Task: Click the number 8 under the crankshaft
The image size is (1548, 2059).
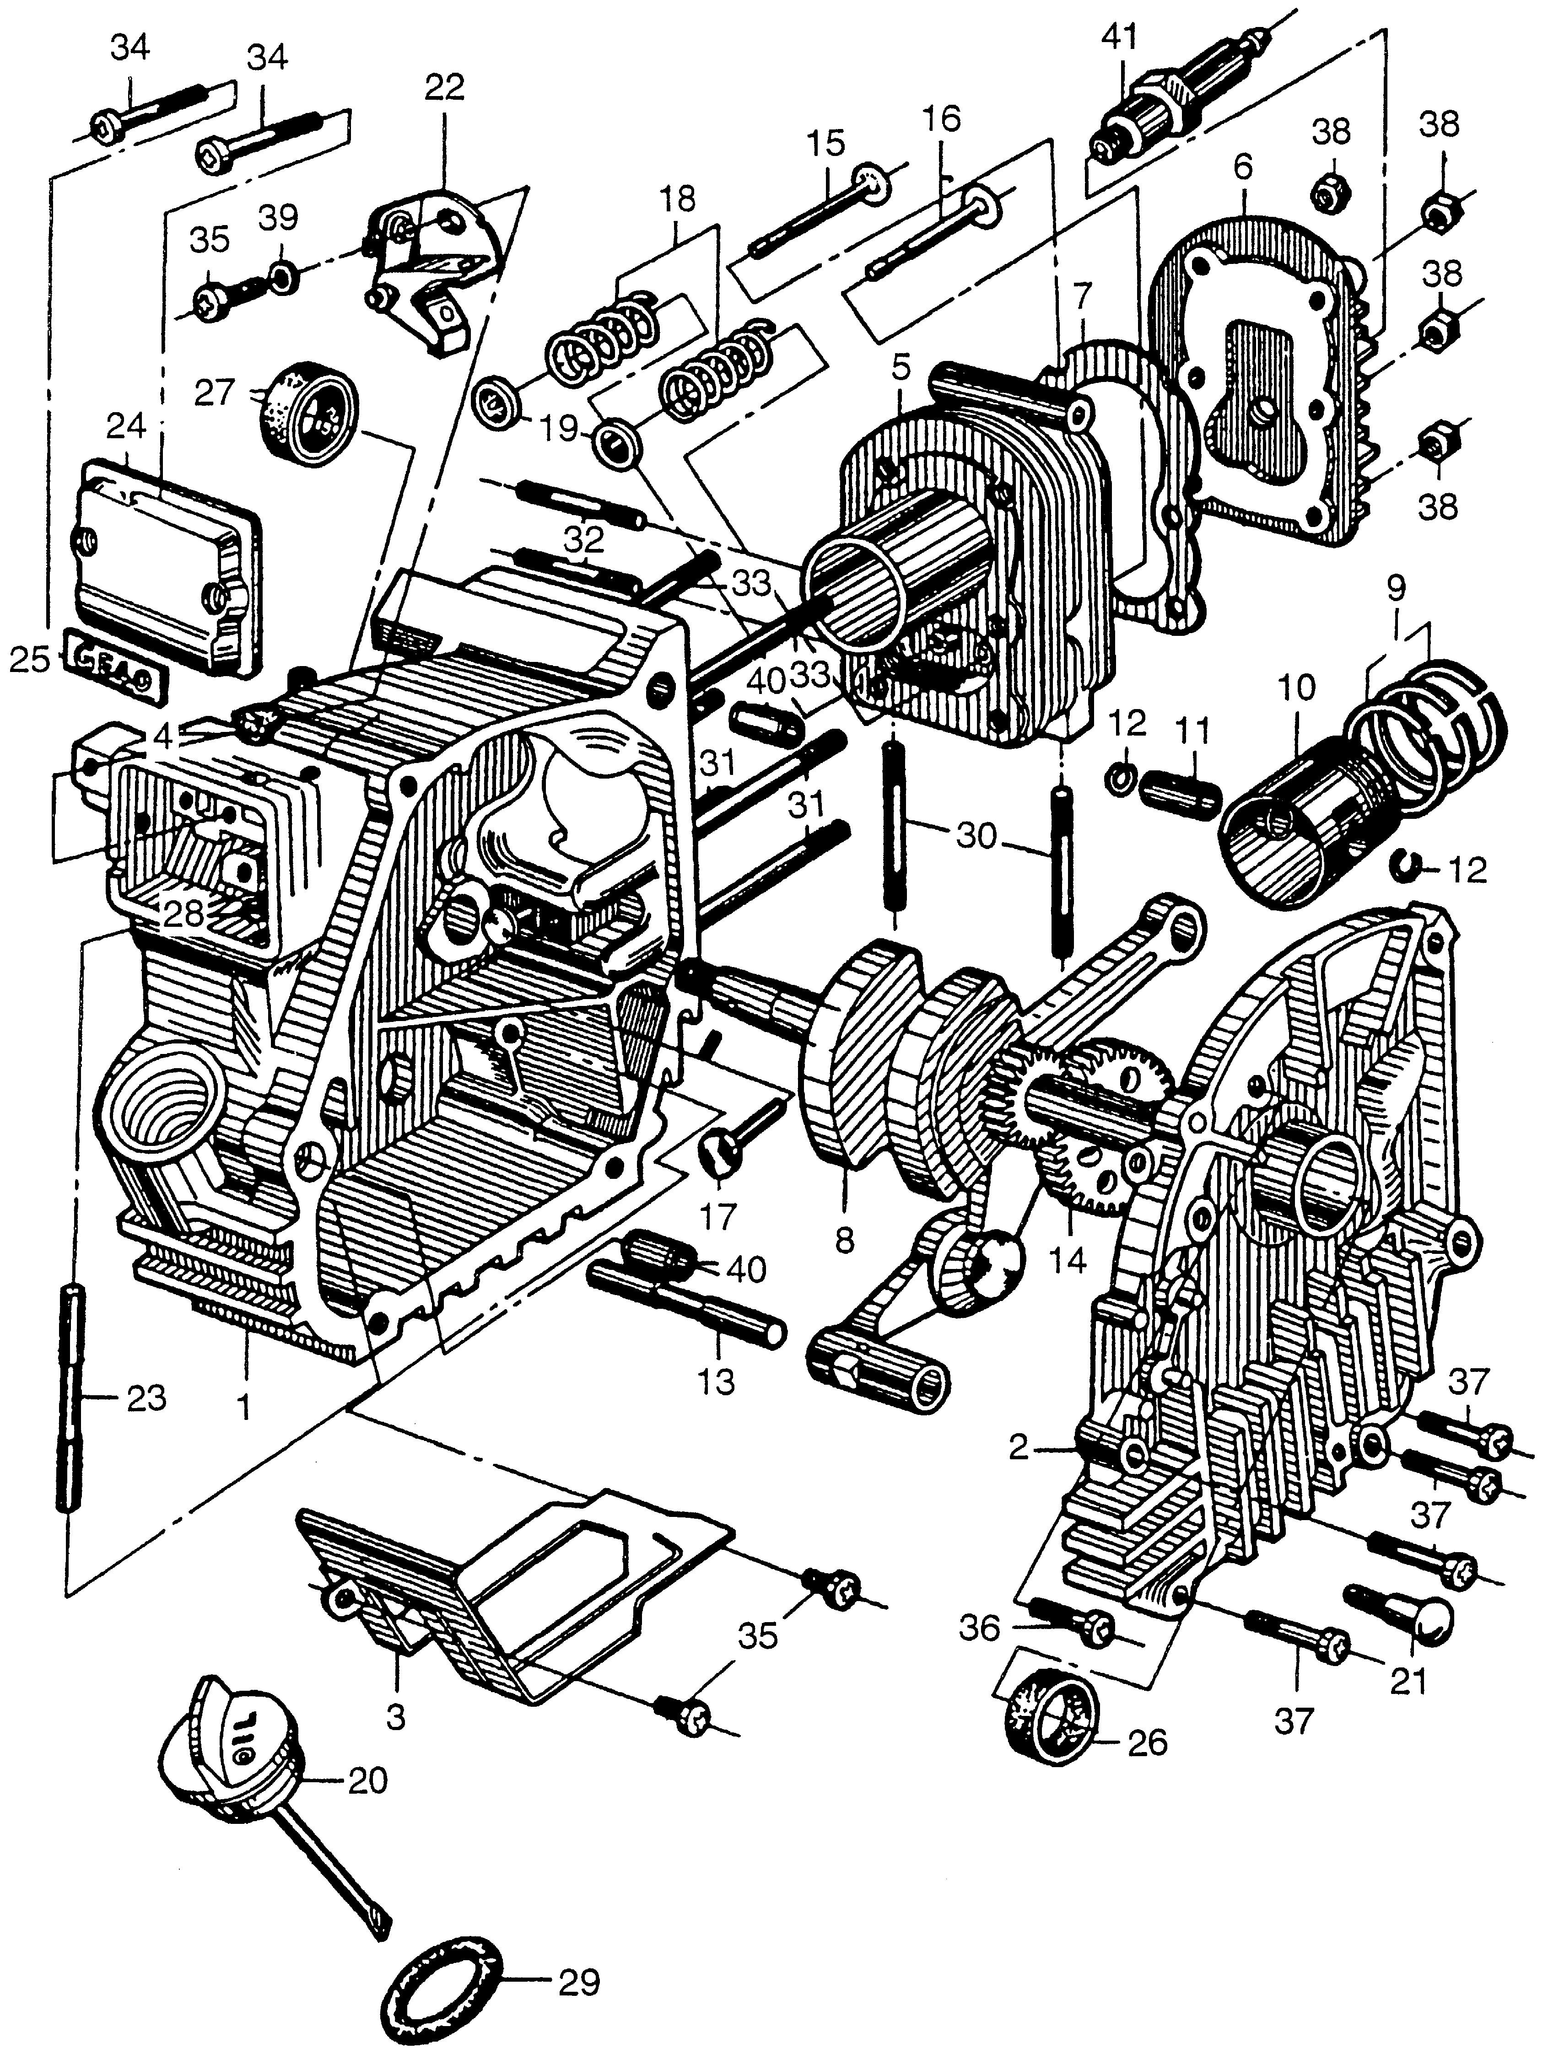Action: (x=844, y=1240)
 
